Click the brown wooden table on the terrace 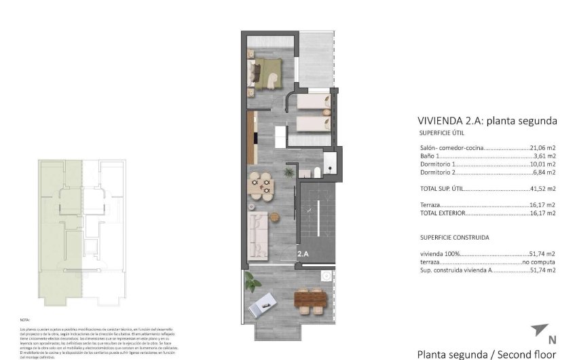[312, 300]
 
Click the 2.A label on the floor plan [303, 254]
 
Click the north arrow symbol [539, 331]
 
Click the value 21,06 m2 [543, 147]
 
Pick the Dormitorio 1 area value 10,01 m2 [543, 164]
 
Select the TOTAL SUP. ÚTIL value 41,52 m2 [543, 188]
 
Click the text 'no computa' [539, 262]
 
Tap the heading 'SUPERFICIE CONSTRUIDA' [454, 238]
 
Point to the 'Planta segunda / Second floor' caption [486, 354]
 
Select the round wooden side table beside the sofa [275, 217]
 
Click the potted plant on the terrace [252, 279]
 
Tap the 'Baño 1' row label [430, 156]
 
